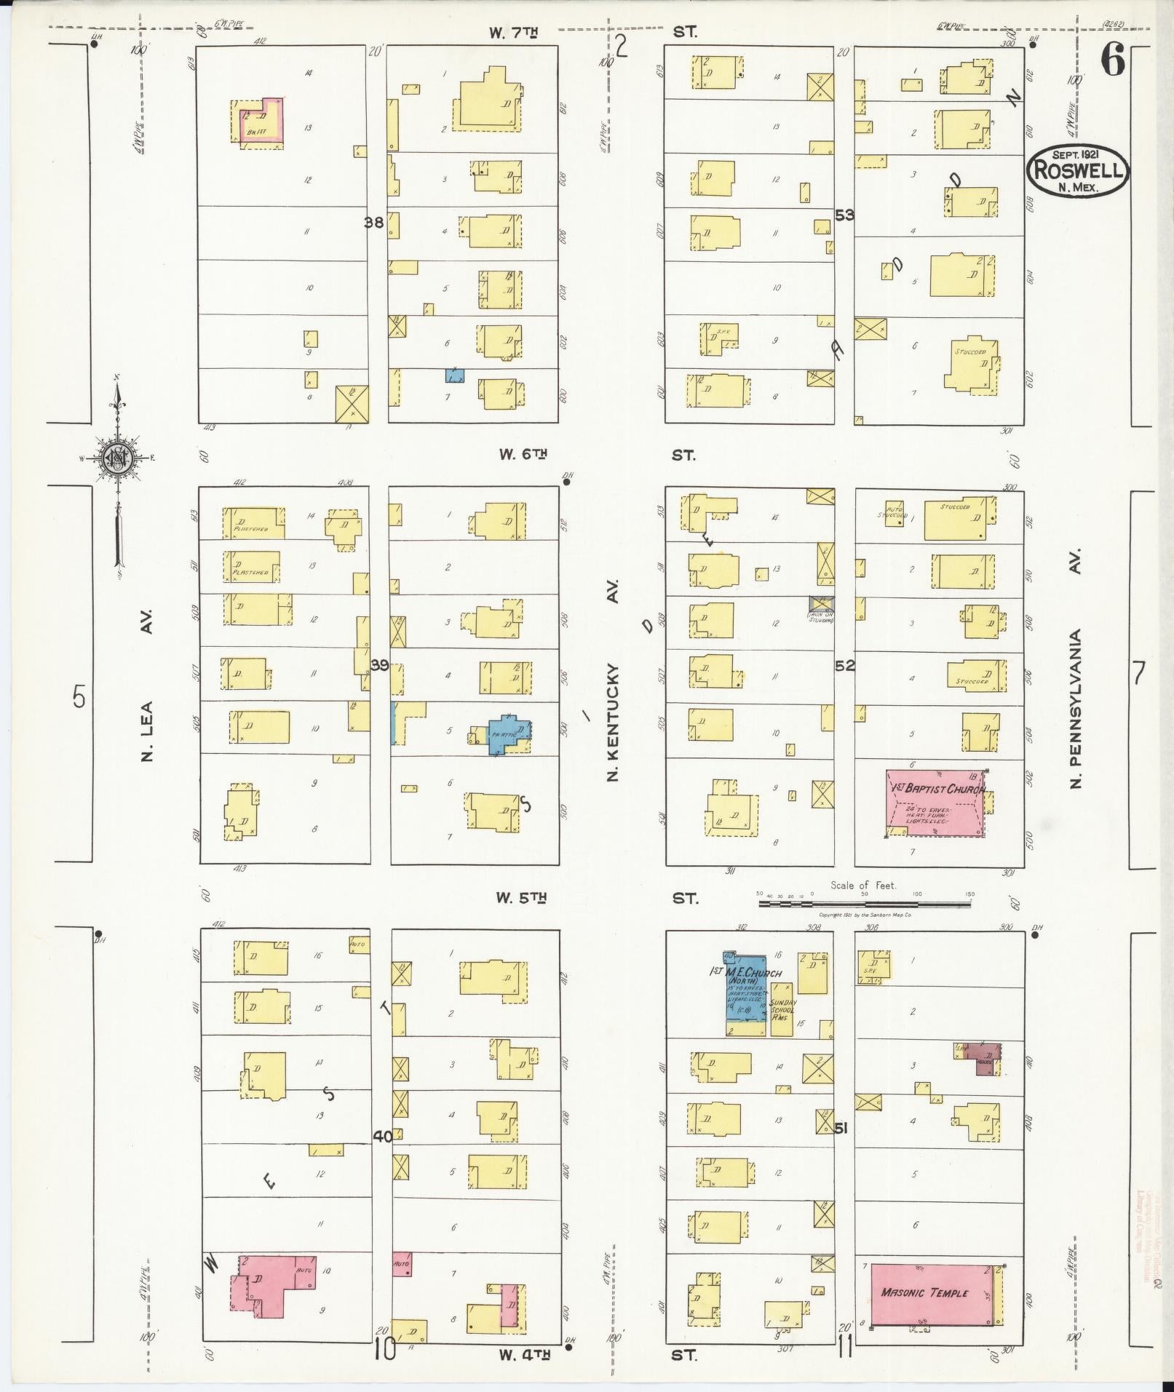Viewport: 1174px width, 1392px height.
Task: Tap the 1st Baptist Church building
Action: [934, 803]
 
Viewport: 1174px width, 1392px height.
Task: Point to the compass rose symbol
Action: [116, 458]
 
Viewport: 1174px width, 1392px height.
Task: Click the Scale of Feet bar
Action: [864, 903]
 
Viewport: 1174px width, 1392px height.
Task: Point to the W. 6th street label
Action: [523, 455]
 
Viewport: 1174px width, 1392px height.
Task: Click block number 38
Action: [374, 223]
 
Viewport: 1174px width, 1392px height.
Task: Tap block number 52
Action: [844, 665]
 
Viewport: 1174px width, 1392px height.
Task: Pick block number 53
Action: [844, 215]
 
